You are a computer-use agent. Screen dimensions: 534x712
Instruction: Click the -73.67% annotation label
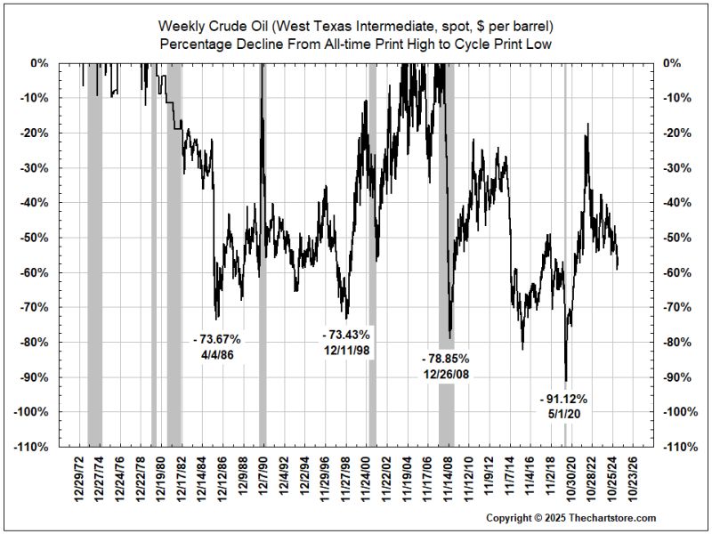pyautogui.click(x=216, y=339)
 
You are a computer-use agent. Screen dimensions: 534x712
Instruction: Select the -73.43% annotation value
pyautogui.click(x=345, y=335)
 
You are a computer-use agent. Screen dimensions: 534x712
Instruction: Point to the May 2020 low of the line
pyautogui.click(x=566, y=381)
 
